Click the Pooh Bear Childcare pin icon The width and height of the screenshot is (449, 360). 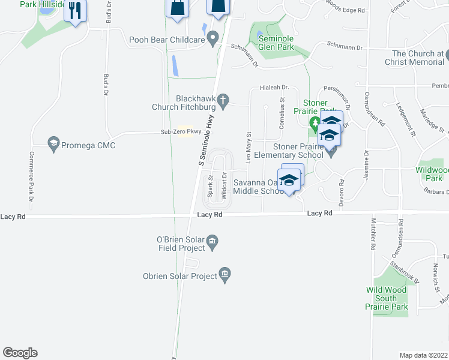coord(212,40)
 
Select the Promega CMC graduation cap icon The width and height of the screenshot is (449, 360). coord(53,145)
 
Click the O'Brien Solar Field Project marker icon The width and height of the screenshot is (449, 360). coord(212,242)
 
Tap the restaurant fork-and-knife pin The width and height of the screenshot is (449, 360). coord(75,10)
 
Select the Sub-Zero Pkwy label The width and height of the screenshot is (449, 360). coord(180,132)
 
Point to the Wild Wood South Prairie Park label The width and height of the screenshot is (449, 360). coord(386,298)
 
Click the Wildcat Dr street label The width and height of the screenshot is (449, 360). coord(223,186)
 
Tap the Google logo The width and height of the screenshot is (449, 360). coord(20,353)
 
